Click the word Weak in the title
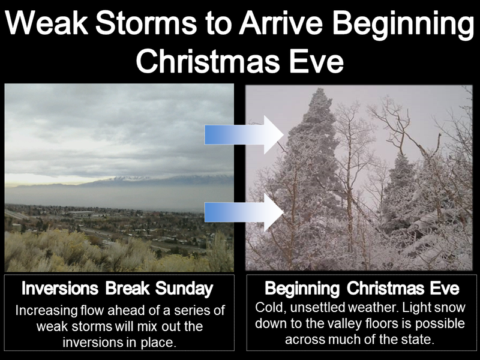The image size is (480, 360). [x=47, y=23]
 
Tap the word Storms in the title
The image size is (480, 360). [x=146, y=23]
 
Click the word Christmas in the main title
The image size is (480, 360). [x=208, y=61]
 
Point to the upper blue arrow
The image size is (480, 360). [x=244, y=134]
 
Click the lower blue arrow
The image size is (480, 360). [x=244, y=212]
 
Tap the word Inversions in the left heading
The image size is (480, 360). [x=60, y=289]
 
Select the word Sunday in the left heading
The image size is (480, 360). [x=184, y=289]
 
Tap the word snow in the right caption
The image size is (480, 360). [x=449, y=308]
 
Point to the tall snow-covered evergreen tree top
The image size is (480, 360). [x=320, y=92]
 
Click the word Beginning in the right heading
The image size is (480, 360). [x=302, y=289]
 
